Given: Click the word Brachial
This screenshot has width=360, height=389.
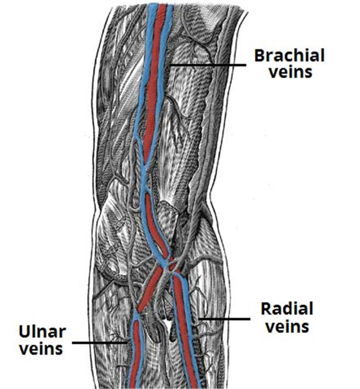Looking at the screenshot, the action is [289, 55].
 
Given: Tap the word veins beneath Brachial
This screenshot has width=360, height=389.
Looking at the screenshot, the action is [291, 72].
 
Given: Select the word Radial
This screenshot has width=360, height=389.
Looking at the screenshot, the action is [287, 309].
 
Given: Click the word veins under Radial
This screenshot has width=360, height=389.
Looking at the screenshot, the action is [288, 327].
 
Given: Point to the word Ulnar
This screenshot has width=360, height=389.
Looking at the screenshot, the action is [42, 332].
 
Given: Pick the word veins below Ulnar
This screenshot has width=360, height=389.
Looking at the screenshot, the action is [41, 349].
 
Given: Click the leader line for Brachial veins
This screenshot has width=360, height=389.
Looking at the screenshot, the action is [208, 65].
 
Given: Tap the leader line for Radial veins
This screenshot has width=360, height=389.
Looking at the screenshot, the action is [224, 319].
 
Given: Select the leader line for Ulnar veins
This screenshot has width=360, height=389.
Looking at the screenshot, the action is [100, 343].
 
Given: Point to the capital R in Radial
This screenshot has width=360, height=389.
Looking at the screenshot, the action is [266, 309].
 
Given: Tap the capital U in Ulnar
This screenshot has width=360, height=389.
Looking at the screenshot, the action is [24, 332].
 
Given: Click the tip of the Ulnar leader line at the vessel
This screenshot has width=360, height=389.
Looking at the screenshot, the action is [128, 343].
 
